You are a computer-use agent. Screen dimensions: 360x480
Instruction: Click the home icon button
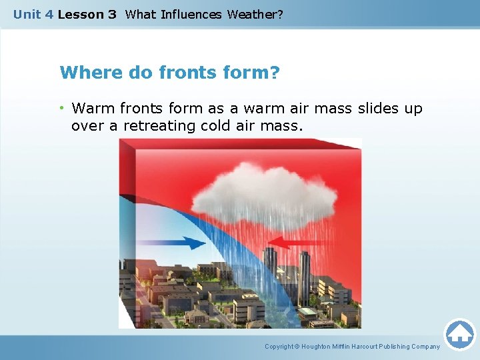459,335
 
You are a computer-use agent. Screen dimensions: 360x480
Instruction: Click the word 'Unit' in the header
27,14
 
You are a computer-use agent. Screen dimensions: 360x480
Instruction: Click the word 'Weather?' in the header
255,14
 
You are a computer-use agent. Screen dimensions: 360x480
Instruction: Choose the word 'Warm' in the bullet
91,108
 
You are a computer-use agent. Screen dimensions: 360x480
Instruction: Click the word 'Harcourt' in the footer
361,347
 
